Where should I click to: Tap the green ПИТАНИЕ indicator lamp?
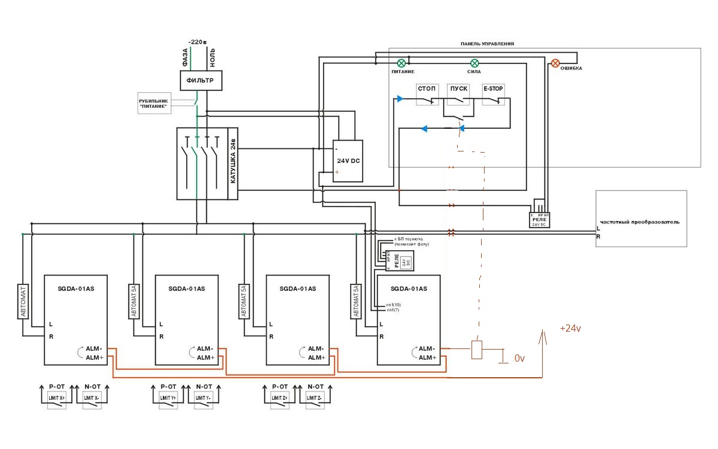[x=402, y=63]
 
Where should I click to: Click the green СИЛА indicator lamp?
[x=474, y=63]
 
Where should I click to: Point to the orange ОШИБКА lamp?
[x=555, y=63]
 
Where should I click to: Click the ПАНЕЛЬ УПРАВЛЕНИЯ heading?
[x=487, y=44]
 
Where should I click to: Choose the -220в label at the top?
[x=197, y=42]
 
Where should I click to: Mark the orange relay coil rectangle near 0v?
[x=477, y=350]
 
